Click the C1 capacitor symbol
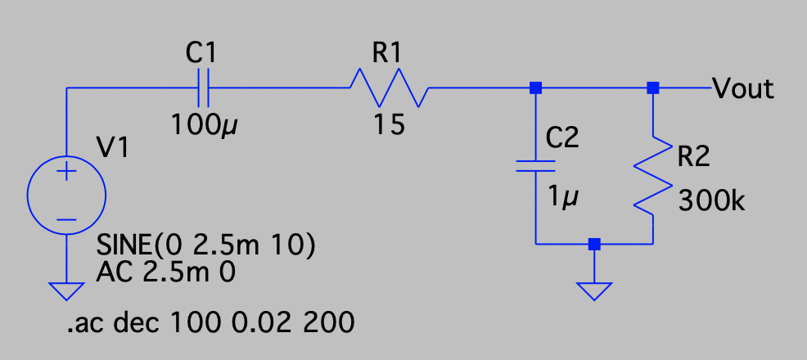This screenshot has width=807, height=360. coord(205,88)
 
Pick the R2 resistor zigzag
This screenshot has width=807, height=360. coord(653,176)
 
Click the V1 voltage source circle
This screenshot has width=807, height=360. coord(66,196)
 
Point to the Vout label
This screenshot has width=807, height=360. coord(743,88)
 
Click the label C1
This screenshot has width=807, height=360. coord(201,55)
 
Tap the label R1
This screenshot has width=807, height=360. coord(387,55)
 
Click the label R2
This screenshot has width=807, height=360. coord(692,158)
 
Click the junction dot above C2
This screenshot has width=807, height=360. coord(536,88)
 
